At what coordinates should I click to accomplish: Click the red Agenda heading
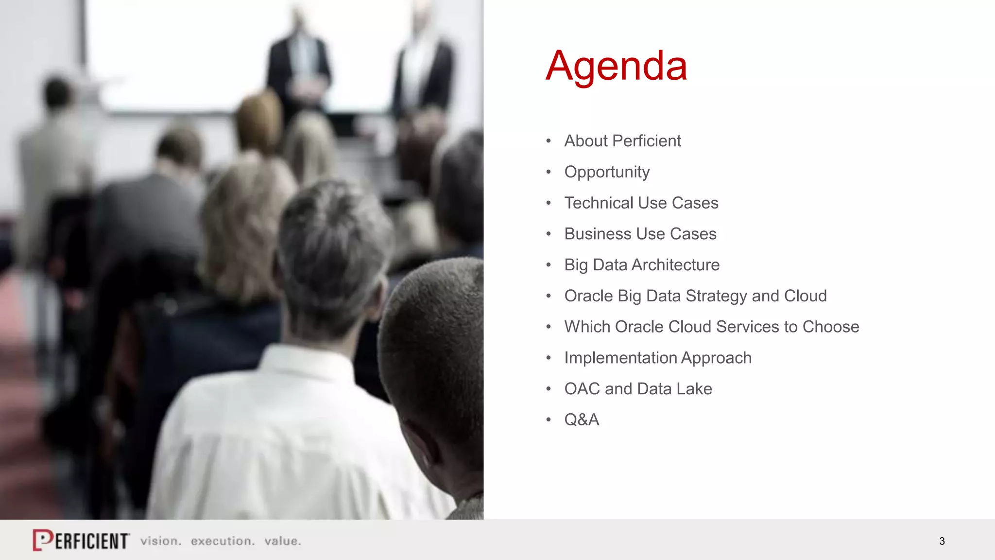point(616,66)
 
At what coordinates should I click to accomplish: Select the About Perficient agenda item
point(622,141)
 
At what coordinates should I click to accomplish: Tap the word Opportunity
point(607,172)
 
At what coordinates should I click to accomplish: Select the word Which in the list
point(587,327)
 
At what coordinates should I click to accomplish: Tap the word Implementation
point(620,358)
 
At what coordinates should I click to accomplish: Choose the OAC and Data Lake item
point(638,389)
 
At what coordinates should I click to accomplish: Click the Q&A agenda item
point(582,420)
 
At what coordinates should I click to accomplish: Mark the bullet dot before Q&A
point(549,420)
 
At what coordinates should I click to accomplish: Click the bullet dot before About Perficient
point(549,141)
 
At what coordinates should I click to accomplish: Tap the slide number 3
point(942,541)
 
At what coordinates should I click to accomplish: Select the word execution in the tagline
point(223,541)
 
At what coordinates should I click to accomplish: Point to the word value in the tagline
point(282,541)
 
